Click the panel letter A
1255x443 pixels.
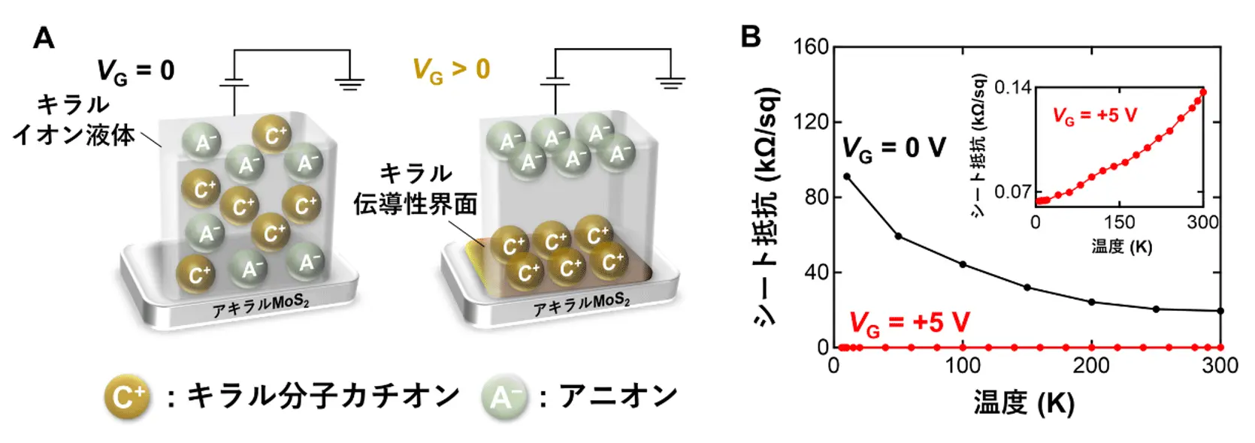(44, 38)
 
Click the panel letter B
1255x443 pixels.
(751, 36)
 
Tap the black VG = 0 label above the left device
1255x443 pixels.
(136, 71)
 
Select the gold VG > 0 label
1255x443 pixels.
(451, 70)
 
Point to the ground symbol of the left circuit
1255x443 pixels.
(349, 83)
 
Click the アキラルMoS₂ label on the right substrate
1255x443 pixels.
(582, 303)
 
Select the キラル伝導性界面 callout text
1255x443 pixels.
(416, 189)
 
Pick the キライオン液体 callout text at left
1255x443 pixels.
(74, 120)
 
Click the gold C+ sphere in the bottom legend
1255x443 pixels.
(128, 396)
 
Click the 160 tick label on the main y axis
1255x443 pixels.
(811, 47)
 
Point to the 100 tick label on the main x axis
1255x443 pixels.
(963, 366)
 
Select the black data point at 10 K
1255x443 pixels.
(847, 176)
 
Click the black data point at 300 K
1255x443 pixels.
(1220, 311)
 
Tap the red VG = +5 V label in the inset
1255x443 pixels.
(1094, 116)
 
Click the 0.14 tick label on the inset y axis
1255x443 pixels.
(1012, 88)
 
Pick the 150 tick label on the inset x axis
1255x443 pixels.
(1119, 222)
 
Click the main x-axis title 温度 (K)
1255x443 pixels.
(1024, 403)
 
